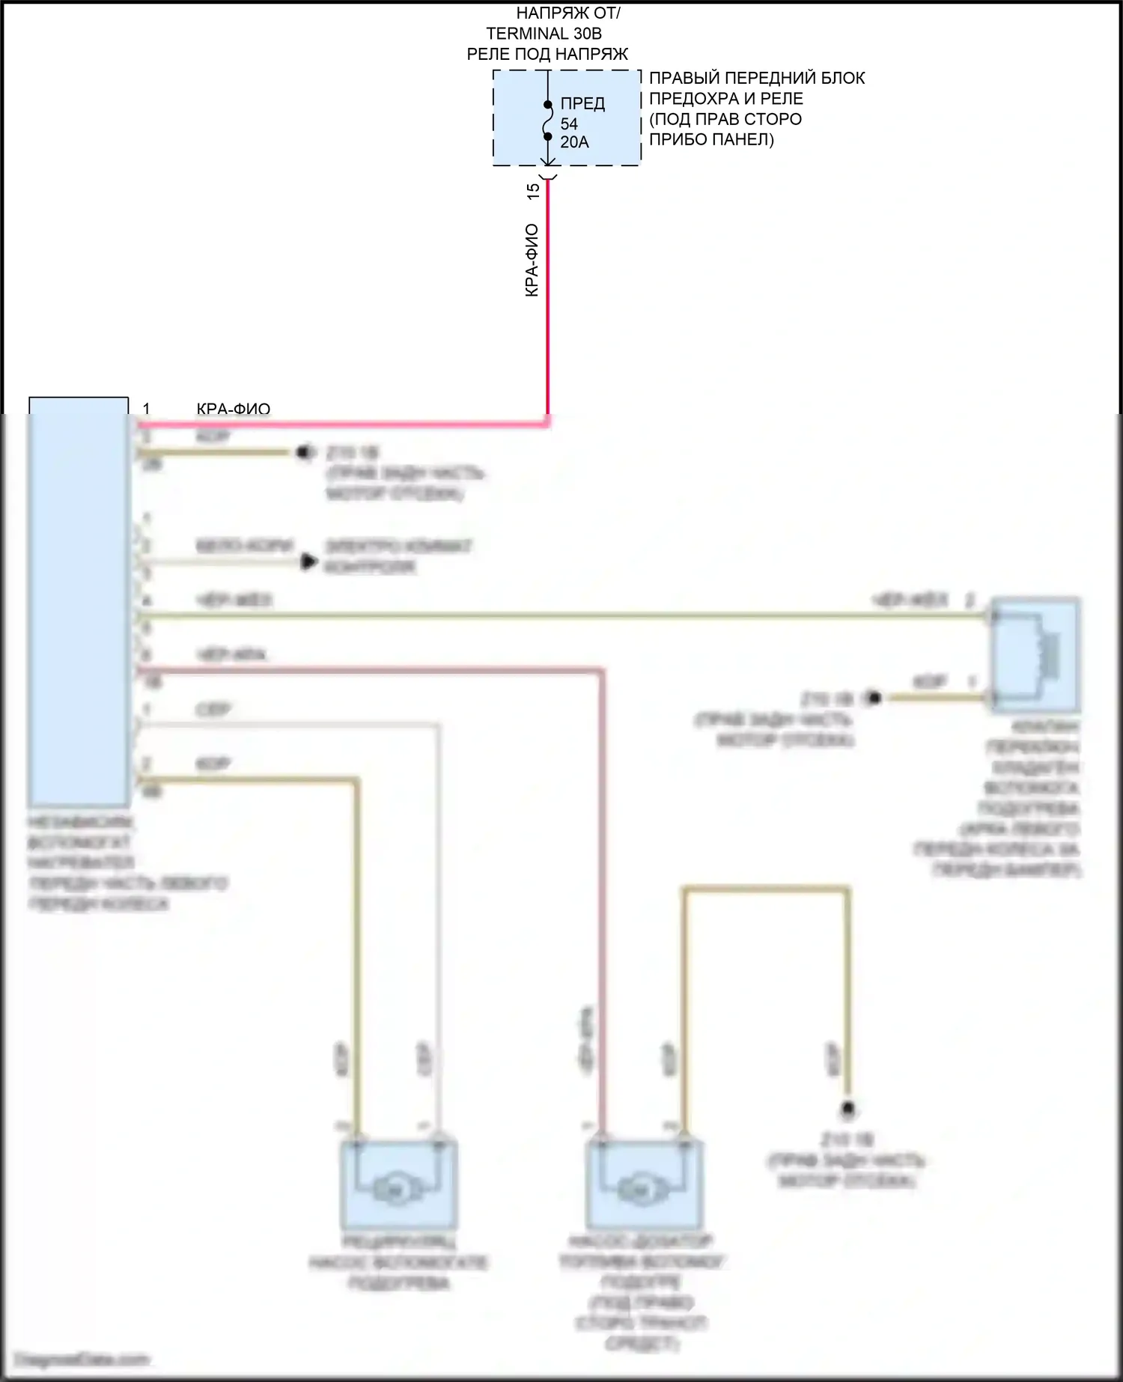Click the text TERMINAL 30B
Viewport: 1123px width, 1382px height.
(544, 34)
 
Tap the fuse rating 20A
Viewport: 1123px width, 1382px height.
(574, 142)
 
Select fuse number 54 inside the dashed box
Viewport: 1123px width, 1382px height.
(569, 124)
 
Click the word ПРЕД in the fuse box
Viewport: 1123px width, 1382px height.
(582, 103)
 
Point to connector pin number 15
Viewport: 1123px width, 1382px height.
(533, 191)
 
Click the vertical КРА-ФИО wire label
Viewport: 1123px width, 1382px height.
(532, 260)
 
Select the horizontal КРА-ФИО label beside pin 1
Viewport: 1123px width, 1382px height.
(233, 409)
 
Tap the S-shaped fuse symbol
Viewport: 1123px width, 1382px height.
(548, 121)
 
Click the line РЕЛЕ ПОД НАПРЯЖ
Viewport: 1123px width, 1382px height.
(547, 54)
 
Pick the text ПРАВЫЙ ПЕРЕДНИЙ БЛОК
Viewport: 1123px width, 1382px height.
(757, 78)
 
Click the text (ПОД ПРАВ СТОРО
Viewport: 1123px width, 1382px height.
(725, 119)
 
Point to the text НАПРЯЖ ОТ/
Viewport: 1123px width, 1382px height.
(568, 13)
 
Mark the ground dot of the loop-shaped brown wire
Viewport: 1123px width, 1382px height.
(848, 1108)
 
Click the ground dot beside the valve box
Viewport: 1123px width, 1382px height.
(873, 698)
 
